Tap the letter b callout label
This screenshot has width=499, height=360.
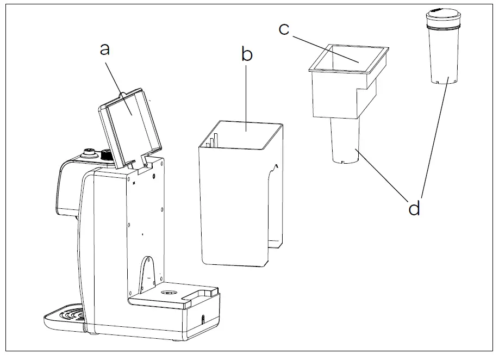(x=247, y=54)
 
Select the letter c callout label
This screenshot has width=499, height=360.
(x=284, y=29)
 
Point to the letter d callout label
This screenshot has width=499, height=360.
(x=414, y=208)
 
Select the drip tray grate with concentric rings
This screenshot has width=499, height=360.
(x=68, y=316)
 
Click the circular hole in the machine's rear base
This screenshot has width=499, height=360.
(x=169, y=293)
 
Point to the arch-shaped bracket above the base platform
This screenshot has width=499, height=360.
(x=147, y=272)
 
